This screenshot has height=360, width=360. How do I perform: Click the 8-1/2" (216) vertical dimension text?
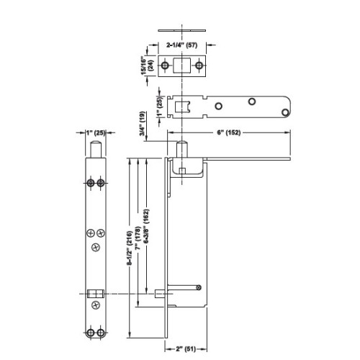(128, 247)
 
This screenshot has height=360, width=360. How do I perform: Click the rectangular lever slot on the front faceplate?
(95, 294)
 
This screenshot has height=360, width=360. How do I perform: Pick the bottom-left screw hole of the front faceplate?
(90, 332)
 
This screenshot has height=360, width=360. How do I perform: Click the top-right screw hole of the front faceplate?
(100, 182)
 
